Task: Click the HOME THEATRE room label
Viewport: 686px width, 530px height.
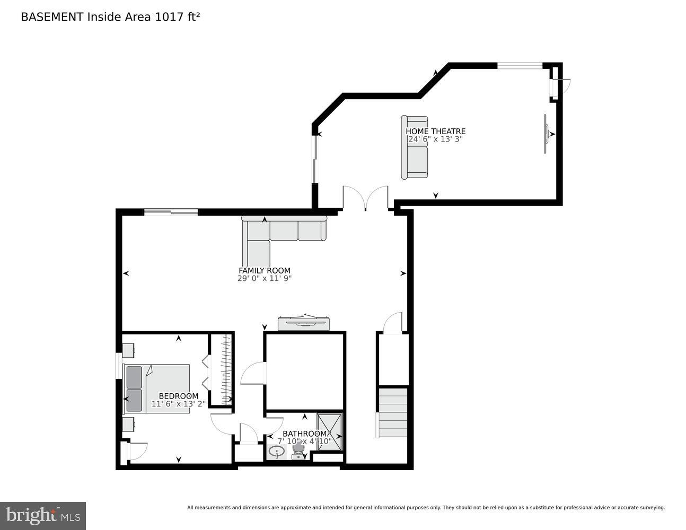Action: (x=435, y=131)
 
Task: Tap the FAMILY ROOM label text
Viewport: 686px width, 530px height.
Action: (x=264, y=270)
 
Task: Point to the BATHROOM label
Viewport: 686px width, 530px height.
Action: (x=304, y=434)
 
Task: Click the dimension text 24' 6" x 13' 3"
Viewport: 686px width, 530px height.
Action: (x=435, y=139)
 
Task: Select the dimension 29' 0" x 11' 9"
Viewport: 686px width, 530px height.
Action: (x=264, y=278)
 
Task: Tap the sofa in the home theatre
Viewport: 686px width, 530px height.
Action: (x=415, y=147)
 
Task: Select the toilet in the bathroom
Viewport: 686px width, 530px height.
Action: (x=298, y=450)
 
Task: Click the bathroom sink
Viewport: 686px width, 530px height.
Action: (x=276, y=452)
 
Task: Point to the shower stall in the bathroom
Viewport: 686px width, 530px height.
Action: (x=330, y=431)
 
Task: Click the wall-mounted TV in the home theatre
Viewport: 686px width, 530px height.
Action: (x=546, y=134)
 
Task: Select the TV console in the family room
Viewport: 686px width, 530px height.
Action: (x=304, y=323)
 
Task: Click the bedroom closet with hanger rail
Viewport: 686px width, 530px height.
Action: (x=222, y=370)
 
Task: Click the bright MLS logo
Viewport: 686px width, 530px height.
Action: (x=43, y=515)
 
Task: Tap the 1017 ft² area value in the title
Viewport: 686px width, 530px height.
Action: (x=177, y=17)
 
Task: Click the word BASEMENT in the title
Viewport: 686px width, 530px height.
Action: (x=52, y=17)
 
